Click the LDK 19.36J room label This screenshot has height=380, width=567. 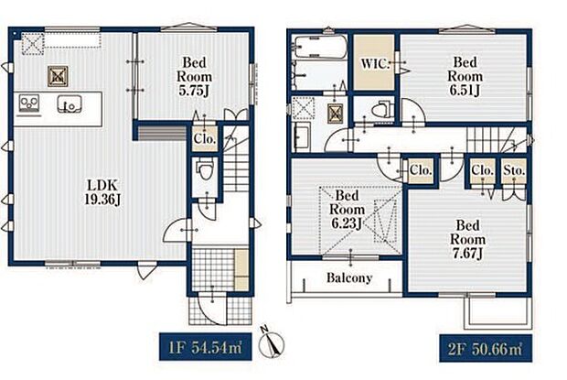point(103,192)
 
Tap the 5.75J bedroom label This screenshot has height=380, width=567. point(194,76)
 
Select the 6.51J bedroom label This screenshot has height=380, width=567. point(465,76)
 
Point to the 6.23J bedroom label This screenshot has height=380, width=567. point(347,209)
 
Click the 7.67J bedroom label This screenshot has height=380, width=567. point(467,239)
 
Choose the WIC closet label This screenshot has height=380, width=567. point(375,64)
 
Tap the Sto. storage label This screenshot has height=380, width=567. point(514,169)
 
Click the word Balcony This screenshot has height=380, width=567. point(349,277)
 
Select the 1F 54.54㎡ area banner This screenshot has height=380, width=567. point(206,347)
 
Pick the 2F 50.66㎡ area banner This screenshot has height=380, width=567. point(486,348)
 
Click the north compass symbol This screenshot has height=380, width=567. point(272,342)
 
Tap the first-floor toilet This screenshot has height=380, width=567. point(206,169)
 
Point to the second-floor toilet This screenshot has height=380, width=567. point(382,108)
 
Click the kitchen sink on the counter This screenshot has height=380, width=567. point(70,104)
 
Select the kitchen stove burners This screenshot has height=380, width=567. point(29,103)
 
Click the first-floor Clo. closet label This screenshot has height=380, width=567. point(205,138)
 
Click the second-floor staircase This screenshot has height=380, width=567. point(497,140)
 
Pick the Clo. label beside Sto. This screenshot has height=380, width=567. point(482,169)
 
